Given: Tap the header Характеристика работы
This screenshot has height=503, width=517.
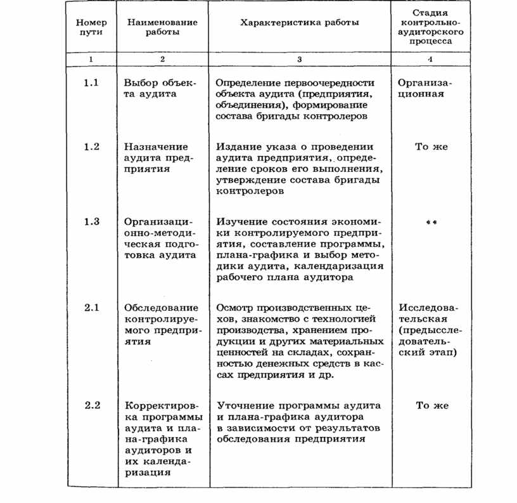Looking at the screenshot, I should click(x=300, y=23).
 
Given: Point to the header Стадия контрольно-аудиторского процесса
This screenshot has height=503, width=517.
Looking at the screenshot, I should click(x=430, y=26).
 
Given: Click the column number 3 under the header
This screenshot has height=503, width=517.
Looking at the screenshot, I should click(x=300, y=59).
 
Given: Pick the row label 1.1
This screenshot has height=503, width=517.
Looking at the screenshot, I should click(x=92, y=83).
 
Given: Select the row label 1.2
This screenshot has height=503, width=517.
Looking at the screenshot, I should click(x=92, y=147).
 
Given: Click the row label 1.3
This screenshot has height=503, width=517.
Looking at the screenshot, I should click(x=92, y=221).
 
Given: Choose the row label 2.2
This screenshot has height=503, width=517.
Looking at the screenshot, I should click(x=92, y=405).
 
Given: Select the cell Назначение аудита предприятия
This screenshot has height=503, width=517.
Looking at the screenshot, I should click(x=156, y=158).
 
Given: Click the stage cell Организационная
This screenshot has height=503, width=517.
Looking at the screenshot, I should click(x=426, y=88).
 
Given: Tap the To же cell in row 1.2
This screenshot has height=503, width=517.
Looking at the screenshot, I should click(x=431, y=147).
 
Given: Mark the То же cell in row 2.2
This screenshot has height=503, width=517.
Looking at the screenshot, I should click(x=431, y=405).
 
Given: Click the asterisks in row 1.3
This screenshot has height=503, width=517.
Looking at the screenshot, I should click(x=431, y=223).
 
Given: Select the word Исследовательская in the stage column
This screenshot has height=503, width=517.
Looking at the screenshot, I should click(x=426, y=313).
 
